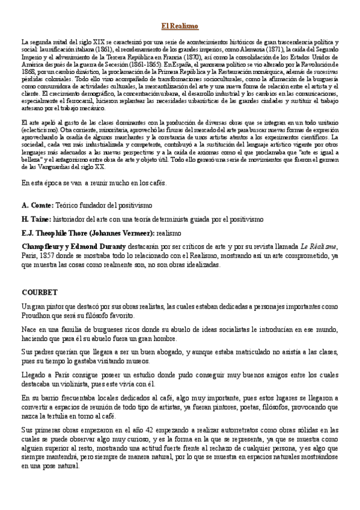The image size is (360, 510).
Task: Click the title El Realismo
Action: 180,26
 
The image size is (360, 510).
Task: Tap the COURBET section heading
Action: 39,292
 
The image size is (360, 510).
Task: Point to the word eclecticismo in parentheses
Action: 40,130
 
